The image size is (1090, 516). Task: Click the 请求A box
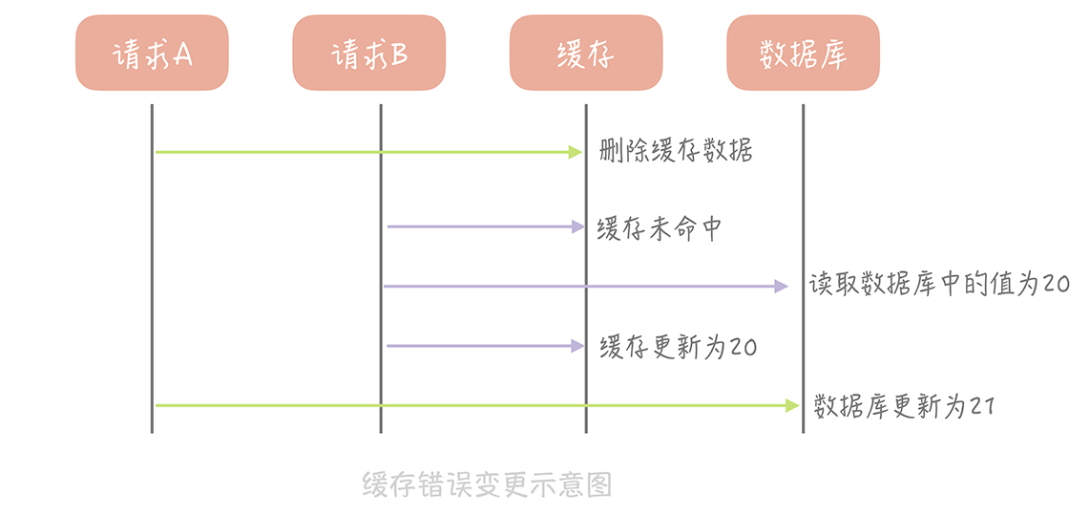tap(153, 54)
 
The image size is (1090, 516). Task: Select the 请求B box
tap(369, 54)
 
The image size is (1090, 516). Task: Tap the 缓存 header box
tap(585, 54)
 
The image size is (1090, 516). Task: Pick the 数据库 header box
tap(803, 54)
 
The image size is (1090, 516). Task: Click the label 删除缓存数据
tap(676, 151)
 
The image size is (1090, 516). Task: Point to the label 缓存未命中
tap(660, 228)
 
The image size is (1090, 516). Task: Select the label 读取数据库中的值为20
tap(939, 285)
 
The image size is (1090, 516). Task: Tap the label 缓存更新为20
tap(679, 346)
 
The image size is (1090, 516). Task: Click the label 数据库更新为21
tap(905, 406)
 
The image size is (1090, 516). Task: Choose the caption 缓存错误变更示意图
tap(487, 484)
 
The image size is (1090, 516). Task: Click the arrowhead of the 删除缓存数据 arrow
tap(576, 151)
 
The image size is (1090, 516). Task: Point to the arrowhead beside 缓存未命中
tap(576, 226)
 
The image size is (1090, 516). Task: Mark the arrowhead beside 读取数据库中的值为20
tap(782, 286)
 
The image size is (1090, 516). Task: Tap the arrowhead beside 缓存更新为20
tap(576, 346)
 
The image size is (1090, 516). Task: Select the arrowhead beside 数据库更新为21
tap(791, 406)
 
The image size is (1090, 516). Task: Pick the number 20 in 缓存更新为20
tap(743, 347)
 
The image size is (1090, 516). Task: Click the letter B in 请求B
tap(399, 55)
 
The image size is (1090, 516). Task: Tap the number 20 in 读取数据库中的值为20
tap(1056, 286)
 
